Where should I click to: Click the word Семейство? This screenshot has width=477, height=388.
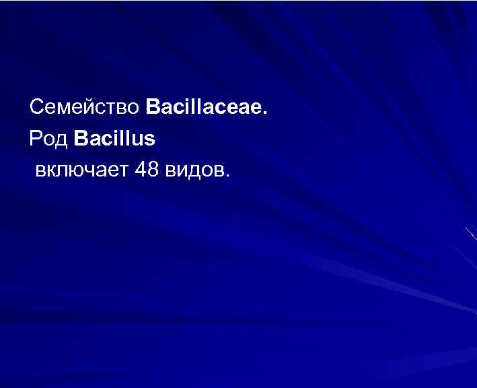(85, 106)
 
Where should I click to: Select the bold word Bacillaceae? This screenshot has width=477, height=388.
(206, 106)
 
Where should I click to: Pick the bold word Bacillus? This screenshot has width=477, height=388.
(115, 139)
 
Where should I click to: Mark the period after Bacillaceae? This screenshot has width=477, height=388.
(264, 112)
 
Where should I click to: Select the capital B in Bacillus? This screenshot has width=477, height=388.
(81, 139)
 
